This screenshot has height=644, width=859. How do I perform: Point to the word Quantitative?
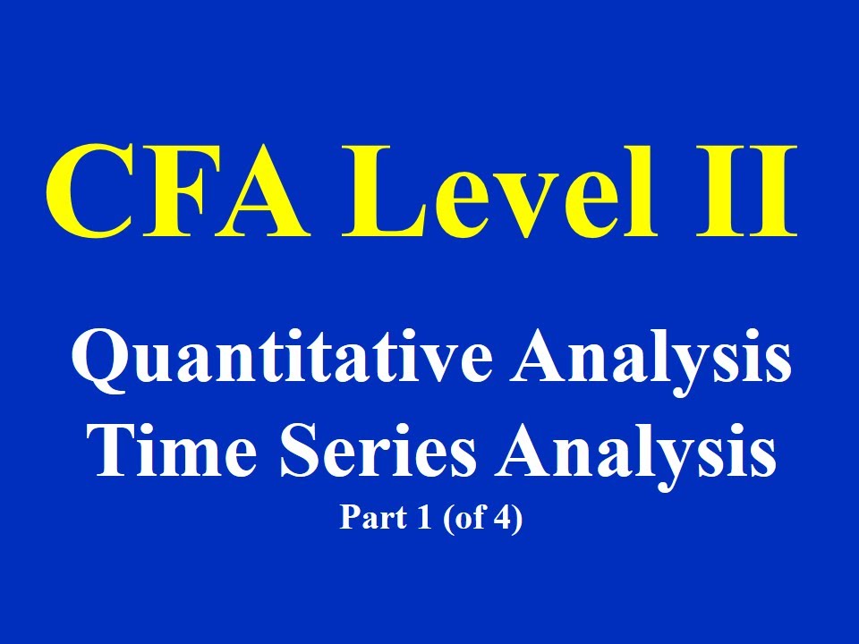(x=281, y=361)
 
